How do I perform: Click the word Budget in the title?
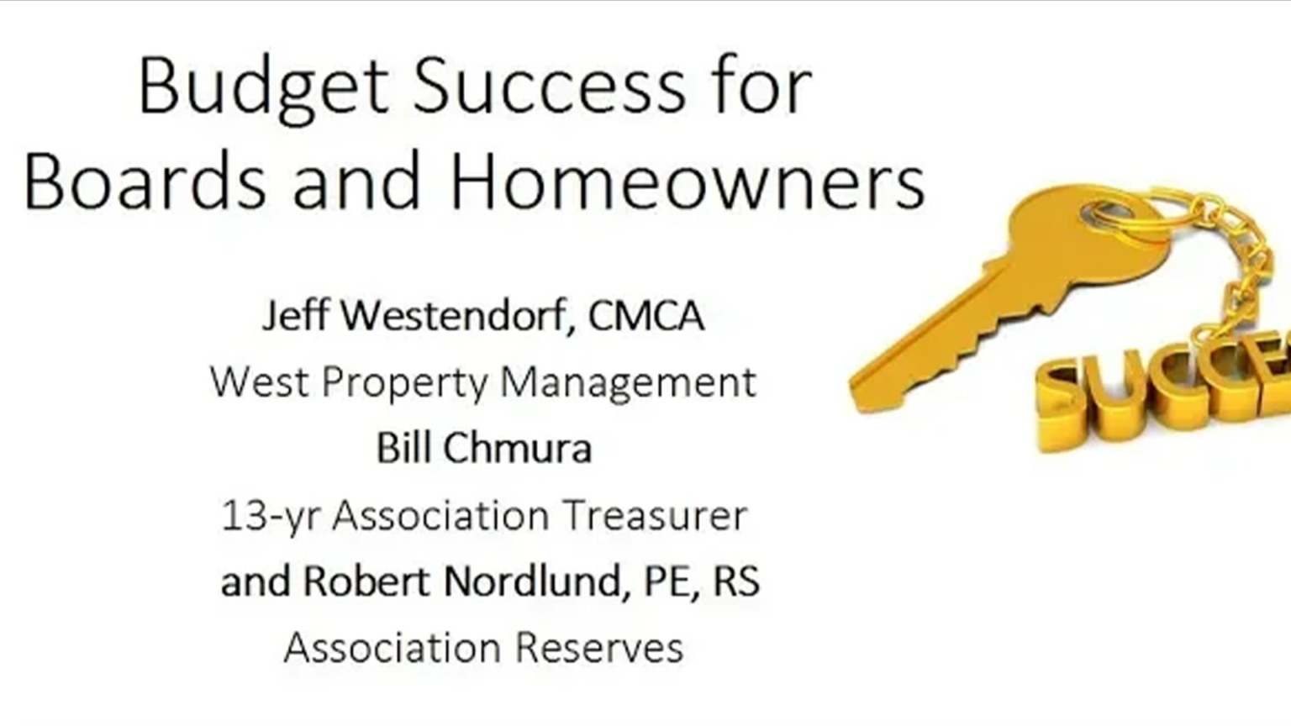click(x=263, y=87)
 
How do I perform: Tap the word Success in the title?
click(x=549, y=87)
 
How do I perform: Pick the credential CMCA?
click(x=646, y=317)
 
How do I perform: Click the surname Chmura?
click(x=518, y=448)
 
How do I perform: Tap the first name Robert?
click(x=367, y=581)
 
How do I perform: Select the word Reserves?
click(x=598, y=648)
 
